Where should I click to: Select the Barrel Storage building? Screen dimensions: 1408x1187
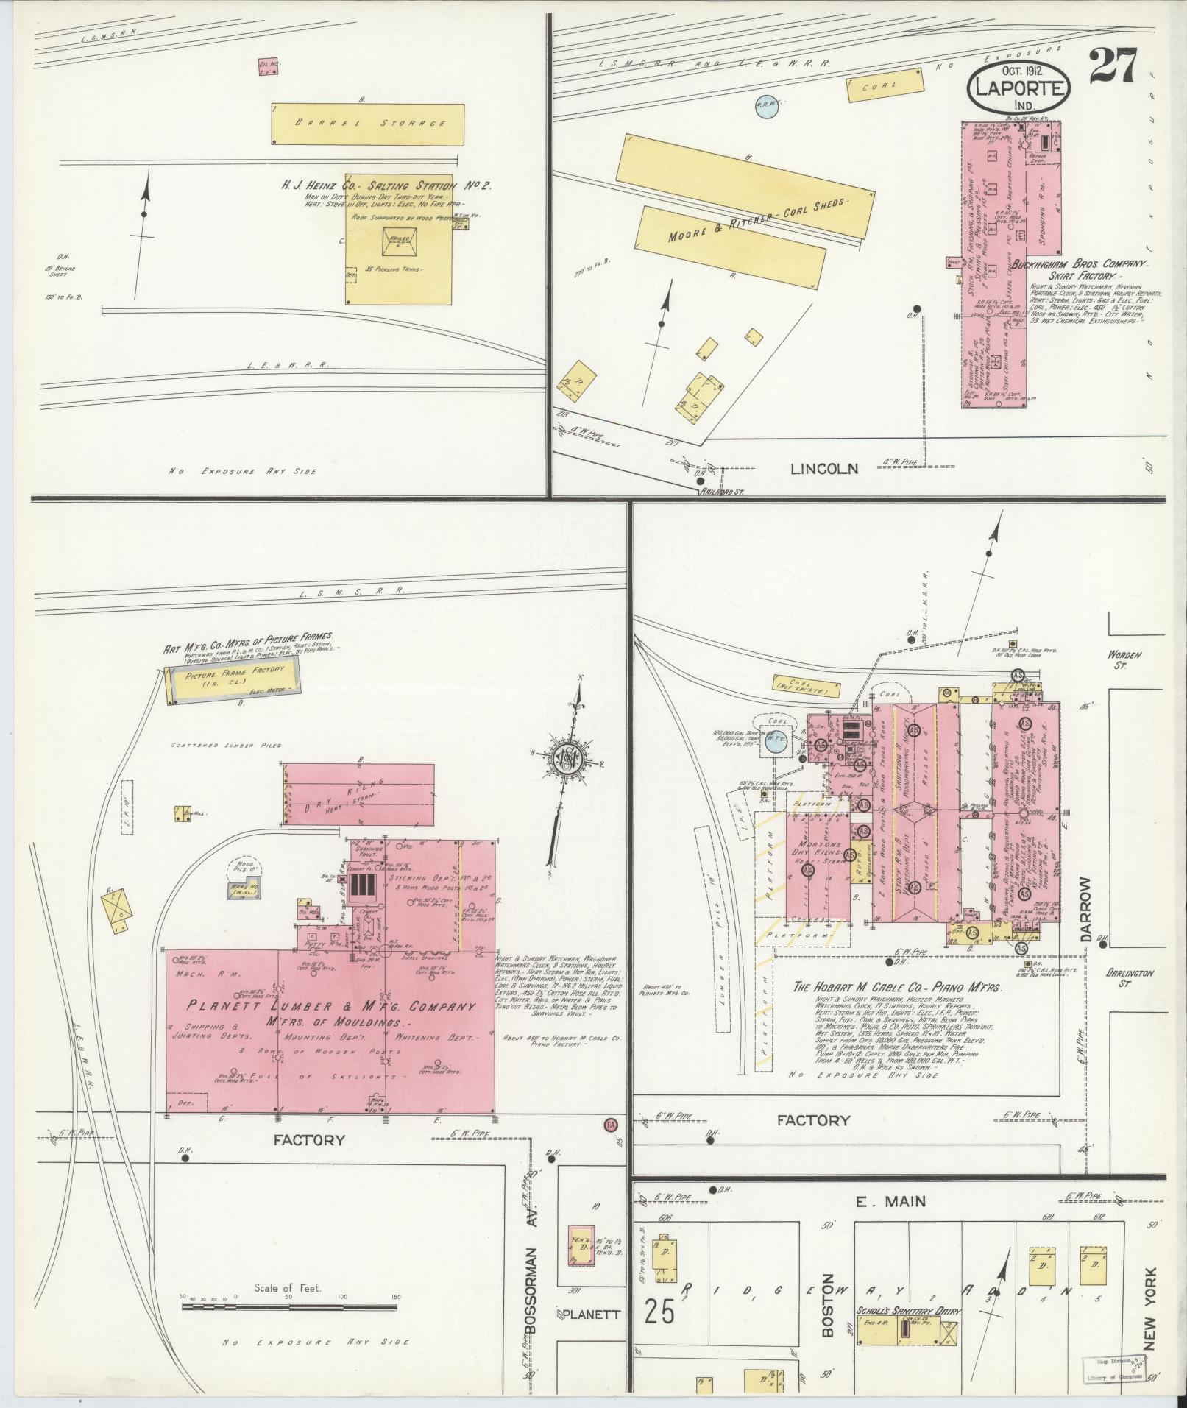[369, 123]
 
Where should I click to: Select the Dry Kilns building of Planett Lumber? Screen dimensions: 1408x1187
[358, 794]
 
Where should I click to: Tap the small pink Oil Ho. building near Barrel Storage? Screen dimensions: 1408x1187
[266, 66]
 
